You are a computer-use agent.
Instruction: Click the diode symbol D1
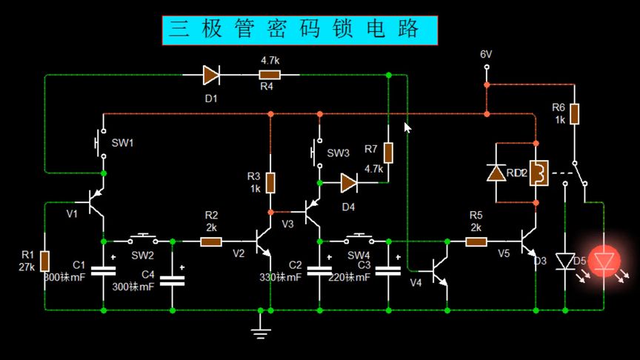[211, 74]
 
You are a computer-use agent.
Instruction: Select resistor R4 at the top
[270, 74]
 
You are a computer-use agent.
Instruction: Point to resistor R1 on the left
[45, 260]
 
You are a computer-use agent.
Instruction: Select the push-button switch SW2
[141, 239]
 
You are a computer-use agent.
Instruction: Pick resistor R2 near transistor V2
[211, 241]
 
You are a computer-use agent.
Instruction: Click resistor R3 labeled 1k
[271, 181]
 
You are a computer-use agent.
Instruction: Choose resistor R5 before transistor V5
[476, 241]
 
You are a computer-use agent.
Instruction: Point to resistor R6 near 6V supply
[574, 113]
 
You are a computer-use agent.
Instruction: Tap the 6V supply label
[486, 55]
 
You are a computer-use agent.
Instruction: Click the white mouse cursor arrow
[407, 127]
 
